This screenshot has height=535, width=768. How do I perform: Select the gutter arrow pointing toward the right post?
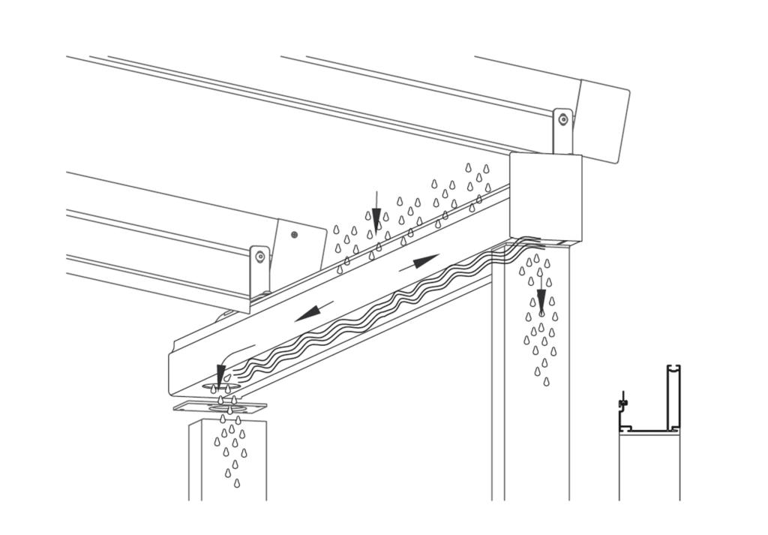click(x=424, y=262)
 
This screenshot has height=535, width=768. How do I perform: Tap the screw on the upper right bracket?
click(x=562, y=120)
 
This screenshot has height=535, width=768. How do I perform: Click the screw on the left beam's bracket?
click(x=260, y=257)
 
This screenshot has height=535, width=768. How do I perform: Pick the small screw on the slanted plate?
click(x=294, y=235)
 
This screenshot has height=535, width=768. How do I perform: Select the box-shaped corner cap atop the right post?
click(x=545, y=197)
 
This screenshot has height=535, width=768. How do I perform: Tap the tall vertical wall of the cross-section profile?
click(x=673, y=398)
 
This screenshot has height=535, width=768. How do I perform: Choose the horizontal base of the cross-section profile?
click(x=649, y=430)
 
